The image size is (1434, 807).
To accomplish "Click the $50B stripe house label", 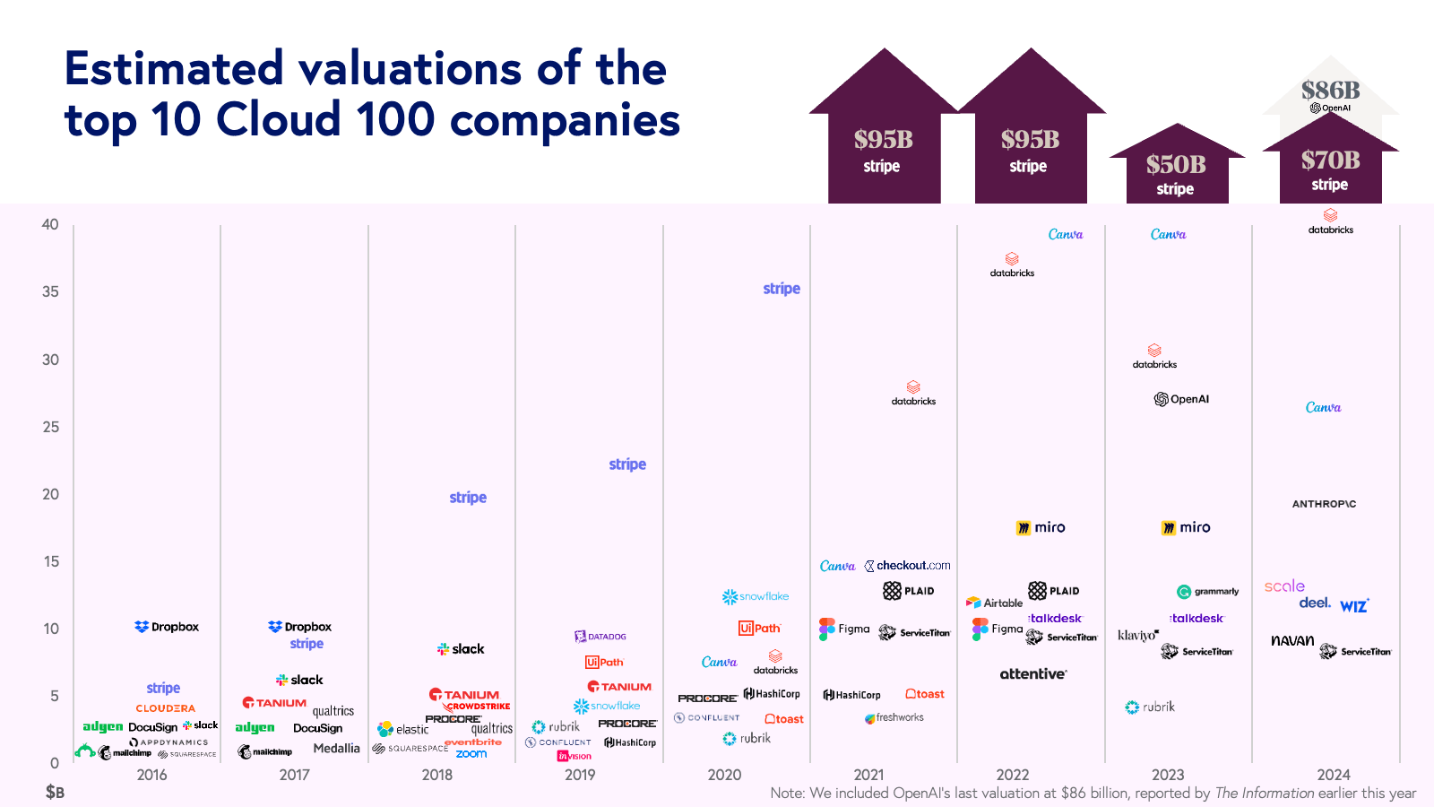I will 1176,174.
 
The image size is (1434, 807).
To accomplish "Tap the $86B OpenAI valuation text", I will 1331,91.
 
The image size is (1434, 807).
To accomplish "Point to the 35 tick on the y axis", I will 50,291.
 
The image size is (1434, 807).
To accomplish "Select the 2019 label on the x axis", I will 580,775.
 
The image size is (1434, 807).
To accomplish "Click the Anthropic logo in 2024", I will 1324,504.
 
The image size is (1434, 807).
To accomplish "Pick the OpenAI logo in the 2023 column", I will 1181,399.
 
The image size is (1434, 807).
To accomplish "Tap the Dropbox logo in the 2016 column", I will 167,627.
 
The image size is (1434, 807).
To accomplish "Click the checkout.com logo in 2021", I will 907,566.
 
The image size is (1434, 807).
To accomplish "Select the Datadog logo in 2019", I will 600,637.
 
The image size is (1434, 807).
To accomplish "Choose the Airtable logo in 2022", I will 994,603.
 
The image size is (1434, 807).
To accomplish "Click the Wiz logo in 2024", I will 1354,606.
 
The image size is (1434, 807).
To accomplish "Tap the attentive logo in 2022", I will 1033,674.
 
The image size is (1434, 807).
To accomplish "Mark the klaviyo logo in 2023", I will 1138,635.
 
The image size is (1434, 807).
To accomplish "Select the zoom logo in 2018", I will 471,754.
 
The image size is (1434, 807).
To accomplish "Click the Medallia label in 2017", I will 336,749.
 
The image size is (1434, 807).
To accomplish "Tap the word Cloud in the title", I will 279,120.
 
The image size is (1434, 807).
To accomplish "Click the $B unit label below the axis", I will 55,793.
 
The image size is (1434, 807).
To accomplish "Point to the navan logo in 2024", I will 1292,640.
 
